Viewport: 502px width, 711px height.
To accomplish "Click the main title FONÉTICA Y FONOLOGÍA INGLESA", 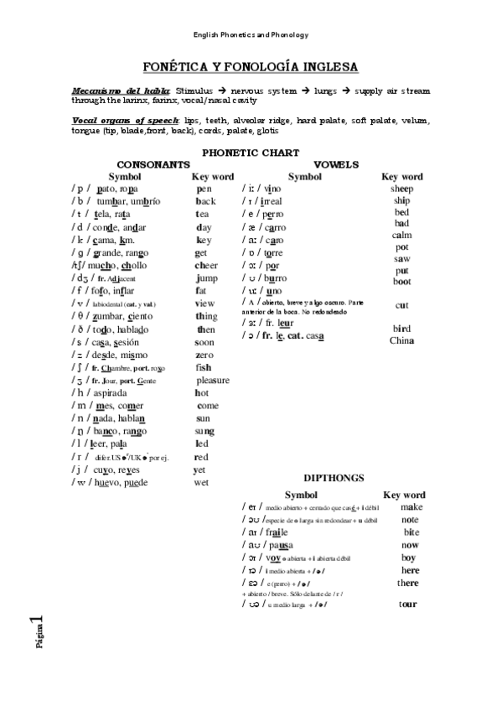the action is [x=251, y=66].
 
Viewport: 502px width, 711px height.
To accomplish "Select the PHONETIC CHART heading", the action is [x=251, y=152].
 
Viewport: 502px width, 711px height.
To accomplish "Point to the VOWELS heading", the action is [x=336, y=164].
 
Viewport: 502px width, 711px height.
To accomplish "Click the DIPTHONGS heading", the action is [x=333, y=477].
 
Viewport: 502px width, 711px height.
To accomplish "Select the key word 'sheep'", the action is [x=401, y=189].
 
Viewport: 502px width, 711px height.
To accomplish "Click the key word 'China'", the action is [x=401, y=340].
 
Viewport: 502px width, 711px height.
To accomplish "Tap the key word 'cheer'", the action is [x=206, y=265].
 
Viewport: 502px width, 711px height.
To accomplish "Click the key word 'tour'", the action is [x=408, y=603].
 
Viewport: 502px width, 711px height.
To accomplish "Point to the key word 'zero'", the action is [x=204, y=355].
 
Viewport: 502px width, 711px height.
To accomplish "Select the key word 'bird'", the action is [x=401, y=329].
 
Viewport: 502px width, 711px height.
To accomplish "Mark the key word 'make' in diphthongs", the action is [x=411, y=506].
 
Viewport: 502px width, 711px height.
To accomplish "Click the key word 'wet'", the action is [x=201, y=482].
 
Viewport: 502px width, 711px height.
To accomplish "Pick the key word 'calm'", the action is [x=401, y=236].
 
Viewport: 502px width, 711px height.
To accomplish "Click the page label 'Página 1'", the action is [x=39, y=634].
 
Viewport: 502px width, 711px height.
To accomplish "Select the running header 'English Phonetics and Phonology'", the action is [x=251, y=34].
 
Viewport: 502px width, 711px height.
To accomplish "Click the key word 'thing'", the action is [x=206, y=316].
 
